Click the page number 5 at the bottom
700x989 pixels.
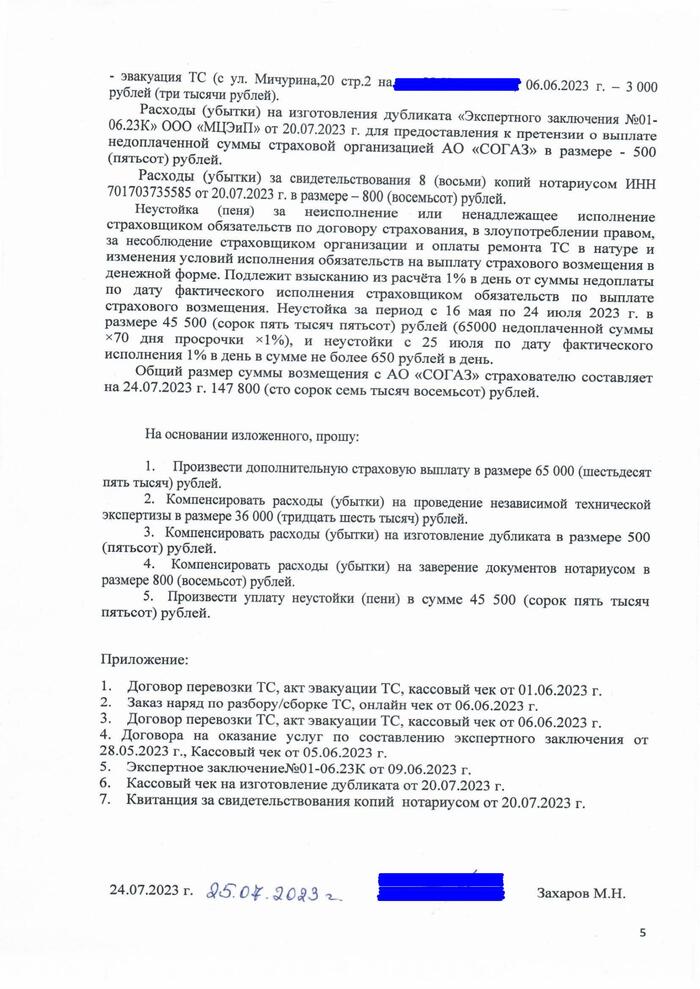[643, 932]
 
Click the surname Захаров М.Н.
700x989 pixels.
[581, 893]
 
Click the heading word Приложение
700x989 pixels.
[142, 660]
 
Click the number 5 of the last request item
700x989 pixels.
[148, 598]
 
